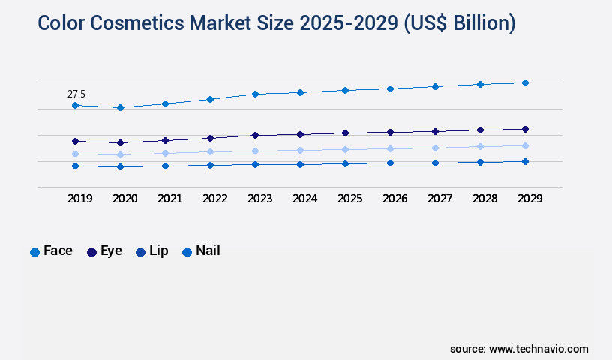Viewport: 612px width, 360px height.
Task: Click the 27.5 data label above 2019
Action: [x=76, y=94]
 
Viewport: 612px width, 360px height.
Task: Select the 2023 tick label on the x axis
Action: [x=259, y=199]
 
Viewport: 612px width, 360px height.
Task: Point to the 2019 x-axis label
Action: [x=79, y=199]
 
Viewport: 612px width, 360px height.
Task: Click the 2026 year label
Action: [x=394, y=199]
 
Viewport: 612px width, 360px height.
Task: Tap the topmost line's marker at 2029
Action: [x=525, y=82]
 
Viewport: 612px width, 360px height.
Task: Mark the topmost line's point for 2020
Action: [x=120, y=107]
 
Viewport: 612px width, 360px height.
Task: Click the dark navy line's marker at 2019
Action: [x=75, y=141]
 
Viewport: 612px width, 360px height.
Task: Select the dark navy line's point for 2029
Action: [x=525, y=129]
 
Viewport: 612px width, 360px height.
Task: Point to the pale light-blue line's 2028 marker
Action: [x=480, y=146]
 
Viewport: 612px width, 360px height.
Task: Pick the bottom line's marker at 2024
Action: [x=300, y=164]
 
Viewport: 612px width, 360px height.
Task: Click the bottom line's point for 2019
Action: [x=75, y=166]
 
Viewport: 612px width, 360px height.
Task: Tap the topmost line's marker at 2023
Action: [x=255, y=94]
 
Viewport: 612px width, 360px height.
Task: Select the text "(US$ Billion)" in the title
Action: [x=459, y=23]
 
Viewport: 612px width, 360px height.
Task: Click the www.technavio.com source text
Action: [x=538, y=349]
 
